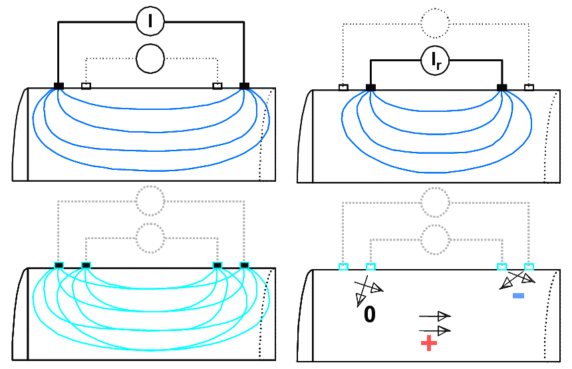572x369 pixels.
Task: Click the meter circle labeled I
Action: click(x=150, y=22)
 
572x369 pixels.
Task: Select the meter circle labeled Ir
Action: click(x=436, y=61)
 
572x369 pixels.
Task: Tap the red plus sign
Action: click(x=429, y=343)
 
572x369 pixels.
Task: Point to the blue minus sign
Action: click(x=519, y=295)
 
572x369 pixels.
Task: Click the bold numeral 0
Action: click(x=370, y=315)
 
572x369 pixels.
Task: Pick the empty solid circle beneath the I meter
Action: click(x=150, y=59)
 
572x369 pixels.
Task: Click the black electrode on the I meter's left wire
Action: click(x=59, y=86)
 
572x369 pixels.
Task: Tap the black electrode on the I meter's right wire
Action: click(x=244, y=86)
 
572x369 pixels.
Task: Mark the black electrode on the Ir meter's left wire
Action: click(x=370, y=87)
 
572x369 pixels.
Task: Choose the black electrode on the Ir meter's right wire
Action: click(x=502, y=87)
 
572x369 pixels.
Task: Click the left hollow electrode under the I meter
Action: click(x=86, y=86)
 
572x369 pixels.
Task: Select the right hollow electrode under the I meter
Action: click(x=217, y=86)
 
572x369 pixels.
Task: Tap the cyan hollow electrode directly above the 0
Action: click(x=370, y=267)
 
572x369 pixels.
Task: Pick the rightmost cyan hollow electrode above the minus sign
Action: click(x=529, y=267)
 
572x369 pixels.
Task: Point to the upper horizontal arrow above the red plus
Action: click(x=435, y=316)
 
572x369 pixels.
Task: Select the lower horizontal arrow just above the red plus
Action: click(x=435, y=330)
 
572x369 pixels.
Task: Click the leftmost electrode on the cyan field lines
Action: click(x=59, y=266)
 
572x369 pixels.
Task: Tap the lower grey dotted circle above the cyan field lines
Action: click(x=150, y=238)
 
